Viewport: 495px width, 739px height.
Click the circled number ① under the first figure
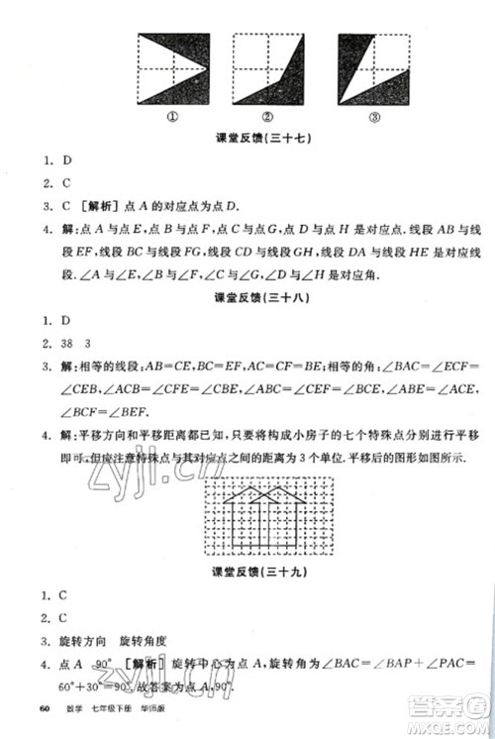171,114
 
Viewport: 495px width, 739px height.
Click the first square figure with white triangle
171,66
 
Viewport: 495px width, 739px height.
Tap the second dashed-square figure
267,66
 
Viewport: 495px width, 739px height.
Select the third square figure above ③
373,66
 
